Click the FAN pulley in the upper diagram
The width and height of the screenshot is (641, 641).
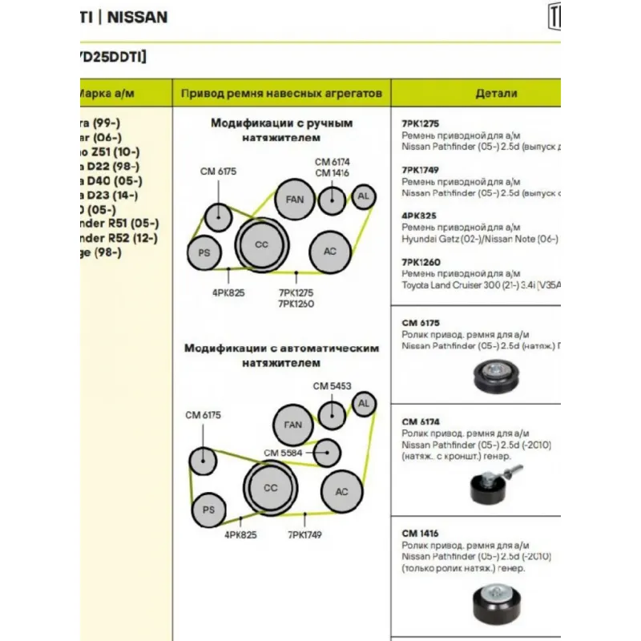tap(294, 200)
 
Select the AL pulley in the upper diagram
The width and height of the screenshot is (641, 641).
tap(364, 196)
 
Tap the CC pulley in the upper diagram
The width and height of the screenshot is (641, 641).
tap(261, 244)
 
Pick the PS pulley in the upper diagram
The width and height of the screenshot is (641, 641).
tap(204, 253)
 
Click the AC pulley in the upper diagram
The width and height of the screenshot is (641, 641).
tap(330, 251)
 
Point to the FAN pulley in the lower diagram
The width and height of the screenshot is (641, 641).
tap(293, 425)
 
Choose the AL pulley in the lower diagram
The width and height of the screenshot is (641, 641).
tap(364, 404)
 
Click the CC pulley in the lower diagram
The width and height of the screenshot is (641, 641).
tap(270, 487)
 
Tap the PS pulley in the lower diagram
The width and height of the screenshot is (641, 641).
tap(208, 510)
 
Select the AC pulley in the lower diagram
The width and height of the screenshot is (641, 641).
tap(341, 491)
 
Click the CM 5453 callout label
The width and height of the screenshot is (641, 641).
tap(332, 386)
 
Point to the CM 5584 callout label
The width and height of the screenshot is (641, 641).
tap(283, 454)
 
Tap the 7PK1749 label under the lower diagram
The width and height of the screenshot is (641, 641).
tap(304, 534)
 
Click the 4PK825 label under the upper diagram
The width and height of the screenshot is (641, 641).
tap(228, 292)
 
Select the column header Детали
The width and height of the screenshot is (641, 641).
tap(496, 94)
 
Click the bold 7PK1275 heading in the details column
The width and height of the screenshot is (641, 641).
tap(420, 124)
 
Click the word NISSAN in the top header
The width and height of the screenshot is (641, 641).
tap(138, 16)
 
